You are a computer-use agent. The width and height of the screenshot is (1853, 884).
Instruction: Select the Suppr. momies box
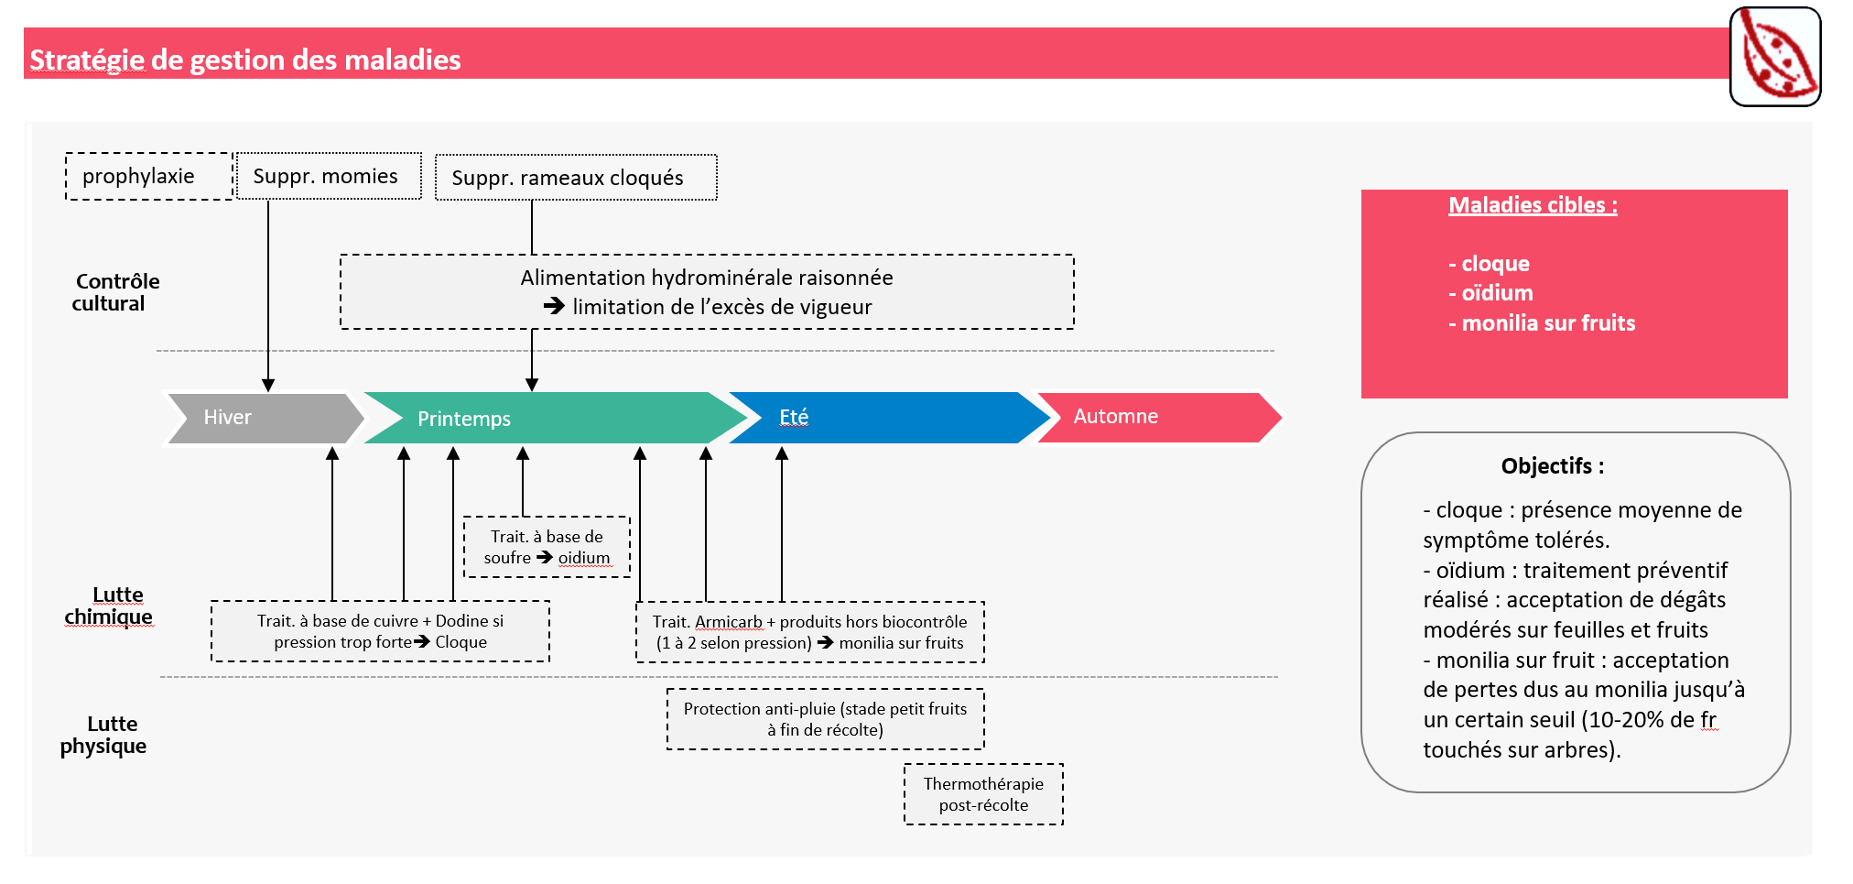[328, 176]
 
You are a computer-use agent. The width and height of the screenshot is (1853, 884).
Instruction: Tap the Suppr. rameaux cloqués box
[575, 178]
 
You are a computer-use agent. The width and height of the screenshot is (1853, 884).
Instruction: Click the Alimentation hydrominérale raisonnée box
[706, 292]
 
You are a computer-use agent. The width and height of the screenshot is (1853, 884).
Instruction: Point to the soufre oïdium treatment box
[547, 547]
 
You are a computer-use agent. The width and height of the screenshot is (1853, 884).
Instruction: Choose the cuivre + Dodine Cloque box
[380, 631]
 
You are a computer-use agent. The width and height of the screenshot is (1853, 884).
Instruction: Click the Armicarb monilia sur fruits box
[809, 632]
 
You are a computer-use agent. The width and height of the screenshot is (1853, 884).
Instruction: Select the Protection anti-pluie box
[825, 719]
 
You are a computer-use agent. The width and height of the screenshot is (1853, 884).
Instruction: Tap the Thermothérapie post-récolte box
[983, 794]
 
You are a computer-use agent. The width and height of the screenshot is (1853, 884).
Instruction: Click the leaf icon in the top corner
[1774, 56]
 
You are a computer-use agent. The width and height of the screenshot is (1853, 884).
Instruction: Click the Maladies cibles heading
[1532, 205]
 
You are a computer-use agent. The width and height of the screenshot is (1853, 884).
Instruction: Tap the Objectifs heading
[1552, 466]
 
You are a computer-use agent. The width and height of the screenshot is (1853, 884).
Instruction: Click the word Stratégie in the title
[87, 60]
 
